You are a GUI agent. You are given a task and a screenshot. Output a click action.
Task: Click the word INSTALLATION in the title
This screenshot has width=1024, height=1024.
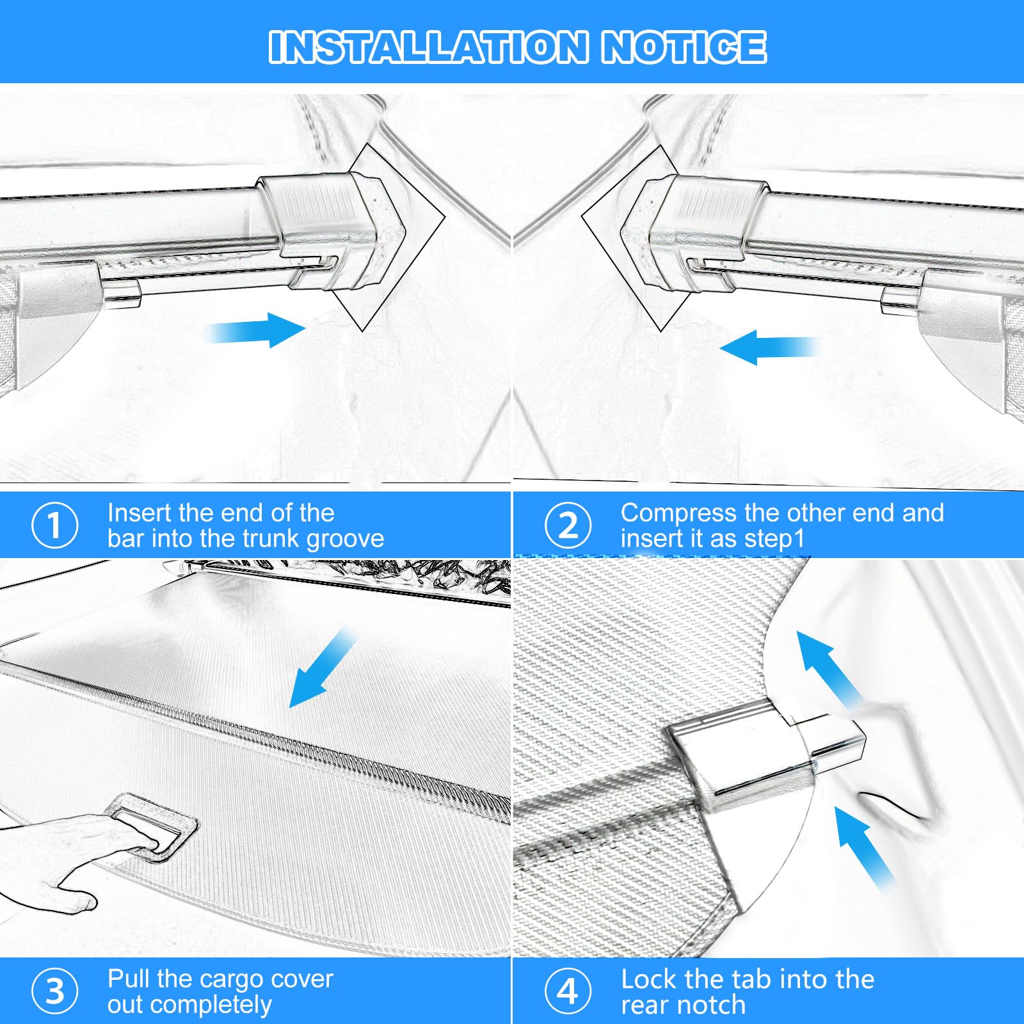[428, 47]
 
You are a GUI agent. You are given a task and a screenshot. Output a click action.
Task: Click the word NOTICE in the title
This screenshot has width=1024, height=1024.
[684, 47]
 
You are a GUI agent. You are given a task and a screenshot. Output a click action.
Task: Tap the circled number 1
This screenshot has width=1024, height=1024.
[55, 525]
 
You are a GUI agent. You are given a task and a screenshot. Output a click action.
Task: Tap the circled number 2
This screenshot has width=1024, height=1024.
[568, 525]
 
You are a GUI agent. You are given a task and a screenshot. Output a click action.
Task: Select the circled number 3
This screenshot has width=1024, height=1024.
[55, 991]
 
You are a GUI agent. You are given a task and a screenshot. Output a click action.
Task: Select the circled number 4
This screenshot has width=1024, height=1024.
[568, 991]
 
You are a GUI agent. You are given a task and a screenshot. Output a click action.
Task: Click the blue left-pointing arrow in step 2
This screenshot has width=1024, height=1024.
[770, 348]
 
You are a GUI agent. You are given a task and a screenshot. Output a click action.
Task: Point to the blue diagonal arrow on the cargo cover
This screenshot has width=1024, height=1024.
[323, 668]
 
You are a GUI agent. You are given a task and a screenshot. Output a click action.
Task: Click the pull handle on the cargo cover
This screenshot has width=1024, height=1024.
[152, 825]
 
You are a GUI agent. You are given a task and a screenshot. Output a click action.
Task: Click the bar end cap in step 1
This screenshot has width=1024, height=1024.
[333, 227]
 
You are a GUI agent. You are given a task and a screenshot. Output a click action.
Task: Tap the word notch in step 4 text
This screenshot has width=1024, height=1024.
[717, 1005]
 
